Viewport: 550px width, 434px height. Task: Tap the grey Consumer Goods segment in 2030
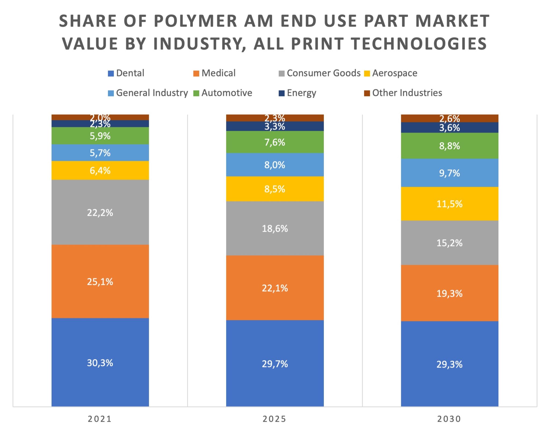coord(449,243)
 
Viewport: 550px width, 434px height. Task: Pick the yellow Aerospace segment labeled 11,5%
coord(449,204)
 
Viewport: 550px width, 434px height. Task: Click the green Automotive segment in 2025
coord(275,142)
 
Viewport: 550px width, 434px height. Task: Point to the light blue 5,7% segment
coord(100,153)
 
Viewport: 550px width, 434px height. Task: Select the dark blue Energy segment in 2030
coord(449,127)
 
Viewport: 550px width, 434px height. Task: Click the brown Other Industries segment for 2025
coord(275,118)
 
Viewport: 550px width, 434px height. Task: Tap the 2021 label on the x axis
coord(100,419)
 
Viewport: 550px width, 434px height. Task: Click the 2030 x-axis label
coord(449,419)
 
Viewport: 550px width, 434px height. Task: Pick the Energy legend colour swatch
coord(282,93)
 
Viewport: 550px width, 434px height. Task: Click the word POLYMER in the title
coord(196,21)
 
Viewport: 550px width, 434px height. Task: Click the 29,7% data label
coord(275,364)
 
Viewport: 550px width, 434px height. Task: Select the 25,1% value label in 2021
coord(100,282)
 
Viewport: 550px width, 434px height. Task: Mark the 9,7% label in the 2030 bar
coord(449,173)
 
